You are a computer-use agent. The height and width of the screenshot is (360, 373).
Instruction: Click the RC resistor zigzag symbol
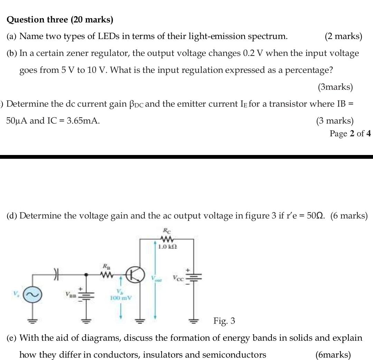(167, 239)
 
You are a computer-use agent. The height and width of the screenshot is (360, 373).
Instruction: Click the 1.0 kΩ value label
(167, 247)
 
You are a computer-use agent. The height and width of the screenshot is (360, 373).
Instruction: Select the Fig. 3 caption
(224, 321)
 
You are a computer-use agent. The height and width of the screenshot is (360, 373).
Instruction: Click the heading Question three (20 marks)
(60, 20)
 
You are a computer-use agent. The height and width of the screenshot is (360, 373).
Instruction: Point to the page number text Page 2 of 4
(350, 134)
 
